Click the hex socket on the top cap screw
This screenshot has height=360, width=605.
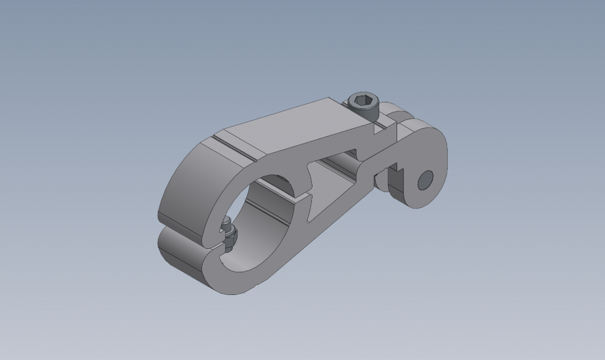tap(363, 100)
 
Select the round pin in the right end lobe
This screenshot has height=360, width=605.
tap(425, 180)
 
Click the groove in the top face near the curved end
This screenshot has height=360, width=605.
tap(236, 151)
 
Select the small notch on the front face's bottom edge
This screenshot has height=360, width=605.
tap(254, 288)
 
